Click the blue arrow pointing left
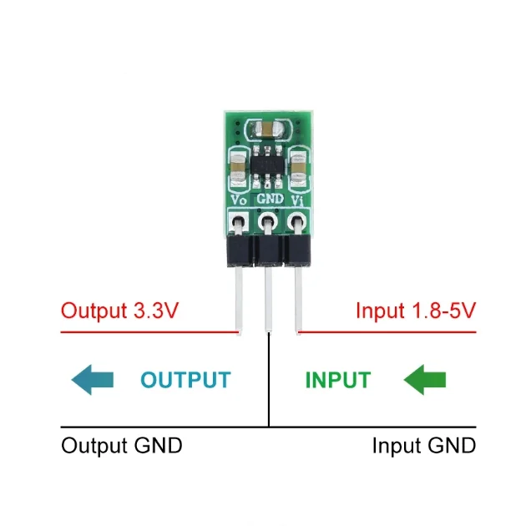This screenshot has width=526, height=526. point(92,380)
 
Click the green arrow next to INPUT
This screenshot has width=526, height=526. point(425,380)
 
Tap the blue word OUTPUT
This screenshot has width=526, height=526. point(185,380)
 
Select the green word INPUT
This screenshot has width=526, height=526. point(337,380)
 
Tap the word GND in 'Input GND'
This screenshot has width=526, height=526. point(451,445)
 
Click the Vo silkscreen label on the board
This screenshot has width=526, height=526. point(237,200)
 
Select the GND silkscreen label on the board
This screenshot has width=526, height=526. point(269,200)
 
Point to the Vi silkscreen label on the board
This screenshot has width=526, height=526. point(298,200)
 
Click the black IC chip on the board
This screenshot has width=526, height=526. point(269,164)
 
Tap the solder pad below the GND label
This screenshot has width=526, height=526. point(269,222)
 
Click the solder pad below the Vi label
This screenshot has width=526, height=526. point(297,222)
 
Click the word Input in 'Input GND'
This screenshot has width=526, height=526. point(392,445)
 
